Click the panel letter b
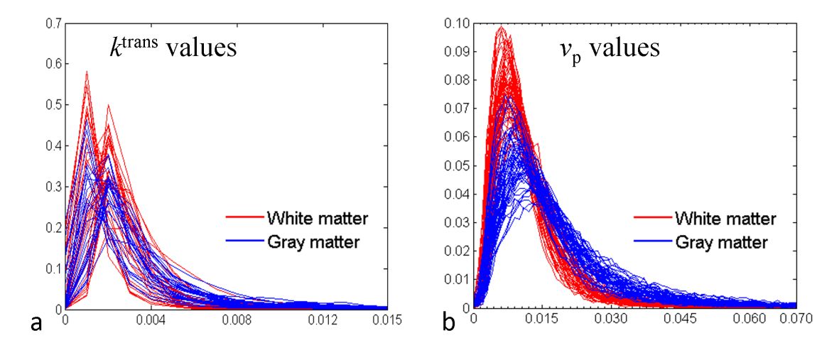tap(448, 324)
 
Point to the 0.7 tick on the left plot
tap(53, 24)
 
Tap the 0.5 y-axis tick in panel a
tap(53, 105)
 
